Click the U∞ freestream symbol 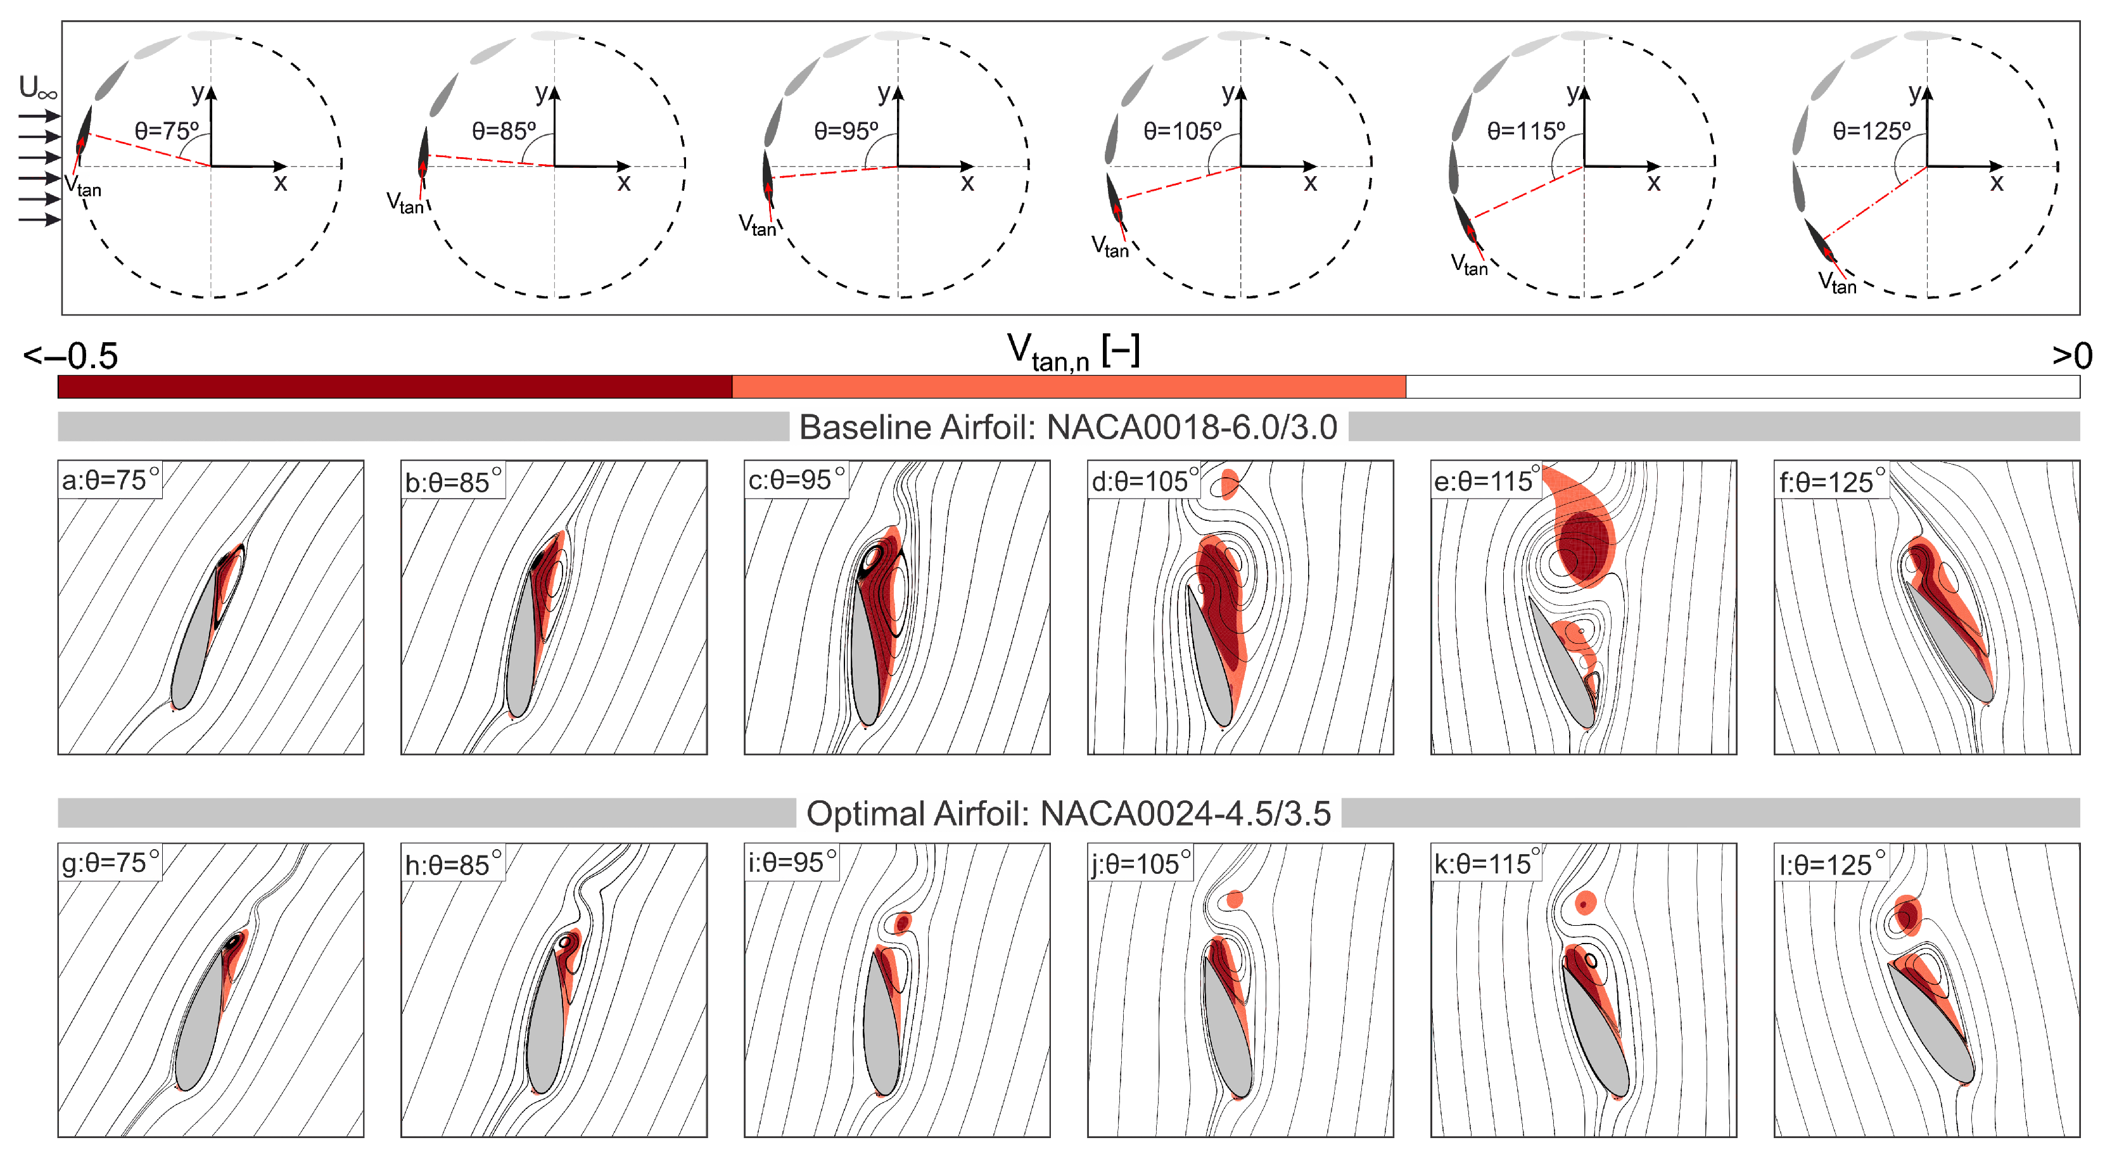point(37,87)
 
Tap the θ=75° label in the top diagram point(167,131)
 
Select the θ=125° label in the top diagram point(1871,131)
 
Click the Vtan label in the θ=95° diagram point(757,225)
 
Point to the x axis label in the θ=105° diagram point(1311,183)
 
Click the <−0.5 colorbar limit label point(71,355)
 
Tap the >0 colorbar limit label point(2071,355)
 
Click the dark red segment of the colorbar point(395,387)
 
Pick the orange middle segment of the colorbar point(1069,387)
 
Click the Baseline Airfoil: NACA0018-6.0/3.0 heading point(1068,426)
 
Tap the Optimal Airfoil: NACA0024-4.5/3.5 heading point(1068,813)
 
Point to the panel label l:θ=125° point(1831,864)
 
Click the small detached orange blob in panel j point(1234,899)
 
